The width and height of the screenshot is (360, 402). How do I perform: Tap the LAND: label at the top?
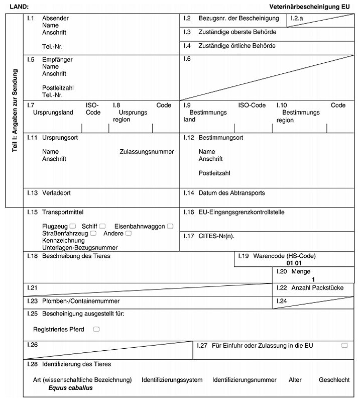(20, 7)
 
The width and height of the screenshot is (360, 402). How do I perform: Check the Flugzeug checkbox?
(73, 226)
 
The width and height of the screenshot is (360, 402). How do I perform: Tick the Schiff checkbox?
(102, 226)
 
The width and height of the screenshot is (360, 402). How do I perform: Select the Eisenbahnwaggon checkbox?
(170, 226)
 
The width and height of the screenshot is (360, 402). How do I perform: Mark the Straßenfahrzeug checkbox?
(93, 233)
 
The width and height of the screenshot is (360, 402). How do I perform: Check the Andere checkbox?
(129, 233)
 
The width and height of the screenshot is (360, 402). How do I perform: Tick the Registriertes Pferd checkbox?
(96, 329)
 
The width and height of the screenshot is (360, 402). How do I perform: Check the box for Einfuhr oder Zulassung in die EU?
(344, 345)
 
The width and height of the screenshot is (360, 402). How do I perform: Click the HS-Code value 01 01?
(294, 263)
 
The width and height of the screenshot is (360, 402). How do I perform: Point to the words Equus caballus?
(71, 388)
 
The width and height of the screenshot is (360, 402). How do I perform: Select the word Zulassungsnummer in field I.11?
(147, 152)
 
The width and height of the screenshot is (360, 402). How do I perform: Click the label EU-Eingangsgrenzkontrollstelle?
(242, 212)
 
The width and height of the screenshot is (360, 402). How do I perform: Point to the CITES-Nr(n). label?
(216, 235)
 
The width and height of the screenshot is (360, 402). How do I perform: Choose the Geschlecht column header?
(334, 380)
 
